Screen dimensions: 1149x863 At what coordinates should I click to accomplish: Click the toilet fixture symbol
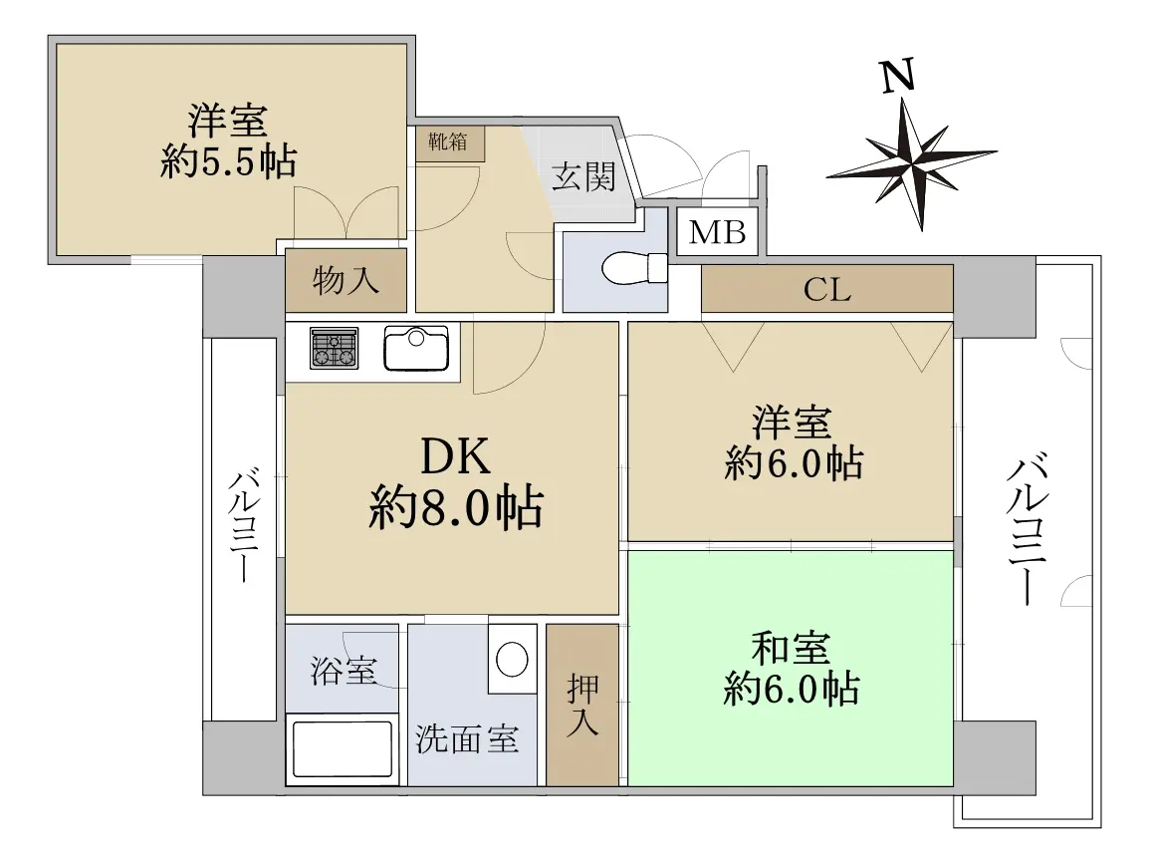[634, 268]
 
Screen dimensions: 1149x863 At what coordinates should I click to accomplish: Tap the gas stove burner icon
[335, 347]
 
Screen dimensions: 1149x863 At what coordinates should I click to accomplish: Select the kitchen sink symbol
[416, 348]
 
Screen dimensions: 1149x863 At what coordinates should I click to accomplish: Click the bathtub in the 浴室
[343, 748]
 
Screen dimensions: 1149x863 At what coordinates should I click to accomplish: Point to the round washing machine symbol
[512, 659]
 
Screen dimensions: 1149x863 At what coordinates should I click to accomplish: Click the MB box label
[718, 233]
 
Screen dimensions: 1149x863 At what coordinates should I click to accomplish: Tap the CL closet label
[827, 290]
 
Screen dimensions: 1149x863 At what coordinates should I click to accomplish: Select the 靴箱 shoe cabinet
[449, 144]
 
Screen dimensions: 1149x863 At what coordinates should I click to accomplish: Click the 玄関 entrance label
[583, 176]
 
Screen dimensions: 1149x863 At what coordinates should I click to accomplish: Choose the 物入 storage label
[345, 280]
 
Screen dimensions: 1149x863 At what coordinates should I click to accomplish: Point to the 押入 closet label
[582, 705]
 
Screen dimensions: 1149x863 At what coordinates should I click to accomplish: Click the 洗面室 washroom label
[468, 739]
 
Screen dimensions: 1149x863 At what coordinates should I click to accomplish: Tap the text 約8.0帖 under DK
[456, 507]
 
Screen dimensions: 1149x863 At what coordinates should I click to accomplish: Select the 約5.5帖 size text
[228, 161]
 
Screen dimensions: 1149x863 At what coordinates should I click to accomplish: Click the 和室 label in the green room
[791, 649]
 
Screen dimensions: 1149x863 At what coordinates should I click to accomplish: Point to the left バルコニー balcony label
[244, 526]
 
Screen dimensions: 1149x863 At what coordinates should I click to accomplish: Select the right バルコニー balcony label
[1028, 530]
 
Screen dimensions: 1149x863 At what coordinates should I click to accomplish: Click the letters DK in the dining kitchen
[455, 456]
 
